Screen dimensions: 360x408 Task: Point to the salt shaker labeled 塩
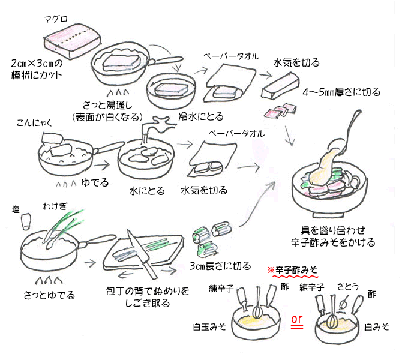(26, 221)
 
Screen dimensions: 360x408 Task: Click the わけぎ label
(53, 206)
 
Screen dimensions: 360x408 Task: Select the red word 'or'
(296, 319)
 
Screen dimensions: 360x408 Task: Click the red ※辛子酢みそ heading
(295, 271)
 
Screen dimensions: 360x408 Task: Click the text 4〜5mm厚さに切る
(341, 92)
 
